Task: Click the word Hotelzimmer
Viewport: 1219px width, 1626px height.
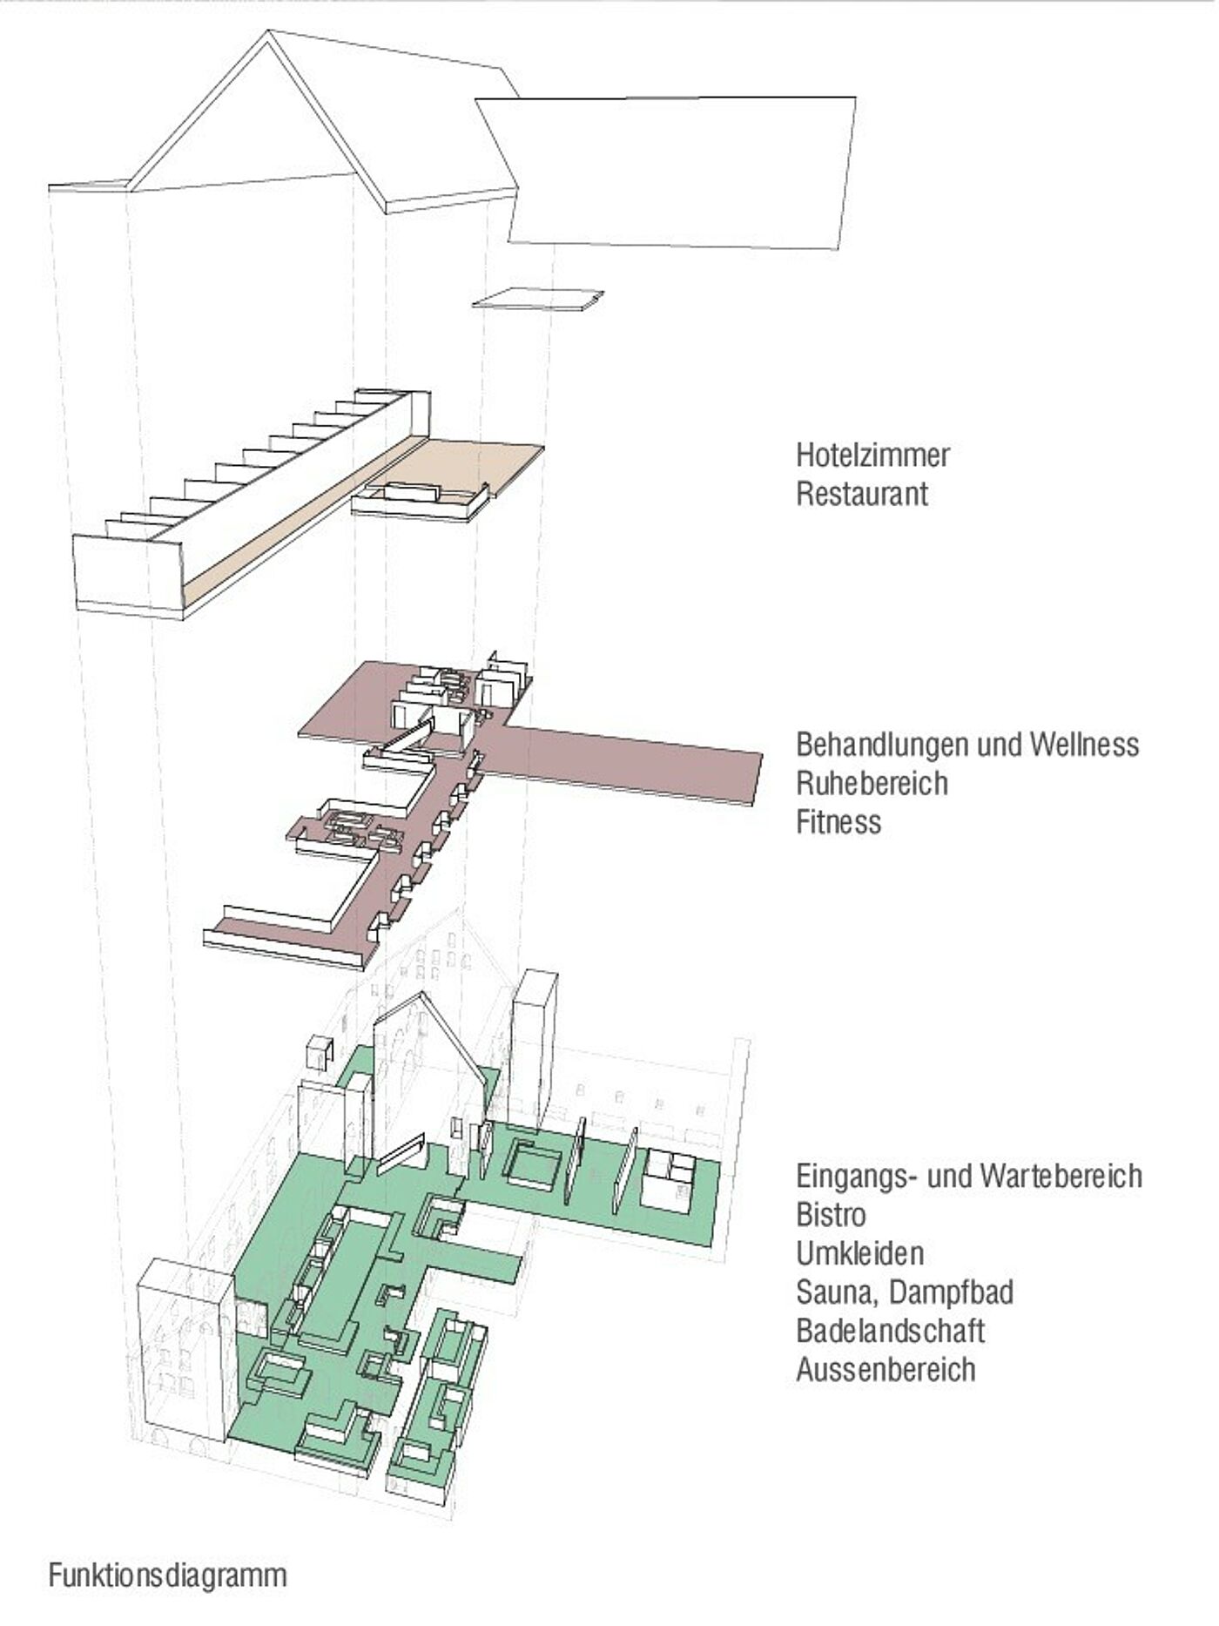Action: tap(872, 455)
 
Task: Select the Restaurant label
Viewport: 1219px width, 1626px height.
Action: tap(862, 494)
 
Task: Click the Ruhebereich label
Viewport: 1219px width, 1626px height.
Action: tap(872, 783)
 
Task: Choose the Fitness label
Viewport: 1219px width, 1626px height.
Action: tap(838, 821)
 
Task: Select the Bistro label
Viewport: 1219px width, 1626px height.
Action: tap(831, 1214)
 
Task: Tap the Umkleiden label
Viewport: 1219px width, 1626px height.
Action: tap(859, 1253)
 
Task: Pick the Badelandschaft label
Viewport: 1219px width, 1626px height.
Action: tap(890, 1331)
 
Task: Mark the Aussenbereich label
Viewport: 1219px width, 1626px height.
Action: tap(886, 1369)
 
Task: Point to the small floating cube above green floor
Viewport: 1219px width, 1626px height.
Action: tap(320, 1051)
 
